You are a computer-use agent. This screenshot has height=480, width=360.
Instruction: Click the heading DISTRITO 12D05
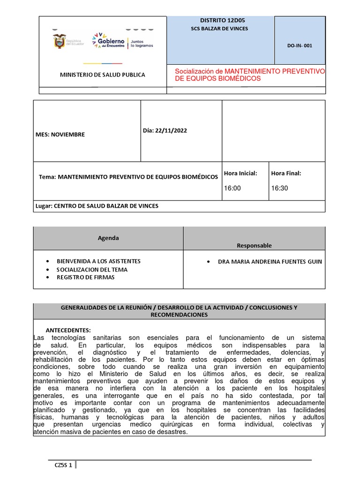pos(216,21)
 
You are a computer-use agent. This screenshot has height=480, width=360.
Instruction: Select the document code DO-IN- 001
pos(300,46)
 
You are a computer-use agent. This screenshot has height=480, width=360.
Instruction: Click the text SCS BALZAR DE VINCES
pos(216,29)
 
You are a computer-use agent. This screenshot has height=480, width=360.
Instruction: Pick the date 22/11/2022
pos(172,131)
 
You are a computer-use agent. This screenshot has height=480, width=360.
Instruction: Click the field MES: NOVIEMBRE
pos(60,135)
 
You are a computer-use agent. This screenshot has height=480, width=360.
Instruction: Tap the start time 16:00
pos(232,188)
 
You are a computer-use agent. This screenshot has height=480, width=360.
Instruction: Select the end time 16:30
pos(279,188)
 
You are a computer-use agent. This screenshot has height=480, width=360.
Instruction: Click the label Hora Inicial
pos(240,173)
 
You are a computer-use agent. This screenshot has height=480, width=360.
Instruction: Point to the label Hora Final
pos(286,173)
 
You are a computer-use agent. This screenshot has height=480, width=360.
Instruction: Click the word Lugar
pos(44,206)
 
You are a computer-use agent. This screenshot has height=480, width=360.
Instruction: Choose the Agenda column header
pos(108,238)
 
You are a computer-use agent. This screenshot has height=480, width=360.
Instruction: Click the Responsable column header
pos(254,246)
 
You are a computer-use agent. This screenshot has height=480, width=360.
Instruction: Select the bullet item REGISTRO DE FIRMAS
pos(85,277)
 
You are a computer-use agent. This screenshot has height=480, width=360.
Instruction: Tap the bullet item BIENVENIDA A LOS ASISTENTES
pos(98,261)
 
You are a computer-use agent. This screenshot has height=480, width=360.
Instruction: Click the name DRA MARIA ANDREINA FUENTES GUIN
pos(270,262)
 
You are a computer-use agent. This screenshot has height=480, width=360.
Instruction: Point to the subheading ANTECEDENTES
pos(68,330)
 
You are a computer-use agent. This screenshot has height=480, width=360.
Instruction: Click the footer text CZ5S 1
pos(63,465)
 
